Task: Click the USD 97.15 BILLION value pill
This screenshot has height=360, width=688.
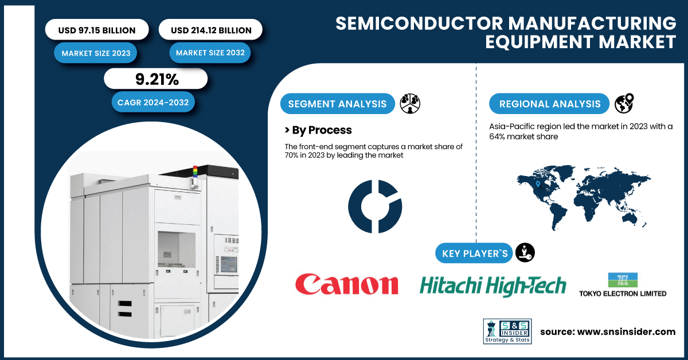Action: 97,29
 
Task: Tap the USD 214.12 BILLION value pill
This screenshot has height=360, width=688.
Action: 210,29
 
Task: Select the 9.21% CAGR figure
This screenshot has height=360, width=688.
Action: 156,79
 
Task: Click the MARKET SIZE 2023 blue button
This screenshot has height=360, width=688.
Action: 96,53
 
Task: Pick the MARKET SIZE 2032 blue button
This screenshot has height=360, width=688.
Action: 210,53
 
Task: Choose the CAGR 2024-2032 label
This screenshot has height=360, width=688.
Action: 153,102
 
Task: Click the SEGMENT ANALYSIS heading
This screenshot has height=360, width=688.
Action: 337,104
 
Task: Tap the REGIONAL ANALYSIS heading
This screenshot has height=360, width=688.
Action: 549,104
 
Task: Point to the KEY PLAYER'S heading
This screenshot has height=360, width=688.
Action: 474,253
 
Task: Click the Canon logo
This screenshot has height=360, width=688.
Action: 347,284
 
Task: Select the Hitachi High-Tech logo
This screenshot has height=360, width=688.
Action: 492,286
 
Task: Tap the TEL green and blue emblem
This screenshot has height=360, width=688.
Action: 623,280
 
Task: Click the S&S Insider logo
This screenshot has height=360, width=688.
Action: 507,331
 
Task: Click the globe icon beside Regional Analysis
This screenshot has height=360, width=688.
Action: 624,103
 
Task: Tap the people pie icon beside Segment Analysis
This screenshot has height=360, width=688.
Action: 410,104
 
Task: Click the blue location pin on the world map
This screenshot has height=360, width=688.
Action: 538,184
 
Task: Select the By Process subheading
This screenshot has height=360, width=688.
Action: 318,130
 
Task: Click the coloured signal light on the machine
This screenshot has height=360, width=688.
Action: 195,172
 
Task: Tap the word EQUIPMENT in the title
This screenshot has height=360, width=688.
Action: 540,42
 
